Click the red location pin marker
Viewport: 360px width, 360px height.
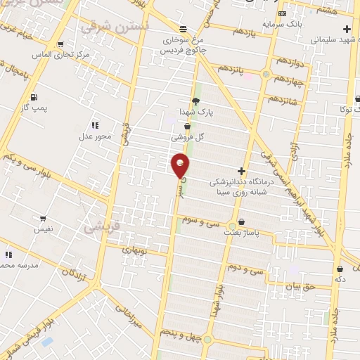[x=180, y=165]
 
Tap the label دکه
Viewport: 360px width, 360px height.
[x=340, y=278]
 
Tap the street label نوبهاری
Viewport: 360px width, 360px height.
[x=133, y=250]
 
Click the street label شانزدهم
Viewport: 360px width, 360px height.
[x=285, y=101]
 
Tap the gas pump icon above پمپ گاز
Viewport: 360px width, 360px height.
[x=34, y=96]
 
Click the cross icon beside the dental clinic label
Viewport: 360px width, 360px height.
[x=241, y=171]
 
